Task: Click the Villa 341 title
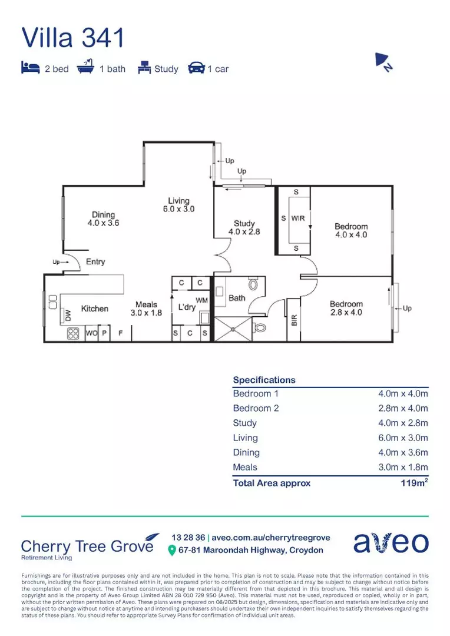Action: click(74, 38)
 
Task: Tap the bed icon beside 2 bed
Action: click(30, 68)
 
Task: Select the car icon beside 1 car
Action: click(196, 68)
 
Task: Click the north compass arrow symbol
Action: click(383, 62)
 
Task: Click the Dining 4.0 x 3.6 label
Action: click(103, 219)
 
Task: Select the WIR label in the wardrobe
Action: click(297, 218)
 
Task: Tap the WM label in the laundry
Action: click(201, 300)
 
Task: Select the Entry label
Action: click(95, 261)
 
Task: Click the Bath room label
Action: click(237, 298)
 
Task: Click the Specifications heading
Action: click(264, 380)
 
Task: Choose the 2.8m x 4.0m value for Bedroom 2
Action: click(403, 408)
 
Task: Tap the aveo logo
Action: click(391, 543)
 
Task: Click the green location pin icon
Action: click(172, 550)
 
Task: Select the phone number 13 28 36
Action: click(188, 538)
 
